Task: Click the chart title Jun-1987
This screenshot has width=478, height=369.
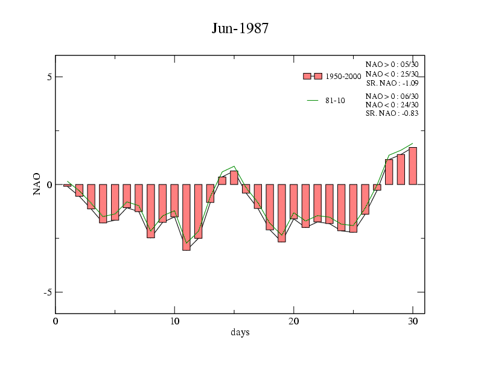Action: click(x=240, y=28)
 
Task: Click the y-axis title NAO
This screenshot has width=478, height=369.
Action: click(x=37, y=184)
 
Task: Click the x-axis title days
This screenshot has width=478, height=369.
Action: click(x=240, y=333)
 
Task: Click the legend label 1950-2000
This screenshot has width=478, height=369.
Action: click(x=343, y=77)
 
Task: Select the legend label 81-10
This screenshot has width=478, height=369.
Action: click(x=335, y=101)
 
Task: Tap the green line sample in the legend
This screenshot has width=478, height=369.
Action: click(x=313, y=101)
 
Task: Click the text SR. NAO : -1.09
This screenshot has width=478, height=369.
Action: click(x=392, y=83)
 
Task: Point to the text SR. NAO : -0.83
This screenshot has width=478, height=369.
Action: click(x=392, y=113)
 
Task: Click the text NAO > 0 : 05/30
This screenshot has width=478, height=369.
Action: click(x=392, y=65)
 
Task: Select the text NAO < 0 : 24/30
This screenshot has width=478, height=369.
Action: click(x=392, y=104)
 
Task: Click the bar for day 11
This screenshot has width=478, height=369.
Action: click(x=186, y=217)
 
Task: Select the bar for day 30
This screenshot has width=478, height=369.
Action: click(x=413, y=166)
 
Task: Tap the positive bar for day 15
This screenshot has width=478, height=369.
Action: click(x=234, y=178)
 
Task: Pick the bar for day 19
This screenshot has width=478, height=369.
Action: click(x=282, y=213)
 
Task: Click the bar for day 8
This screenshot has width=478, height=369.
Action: click(x=151, y=211)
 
